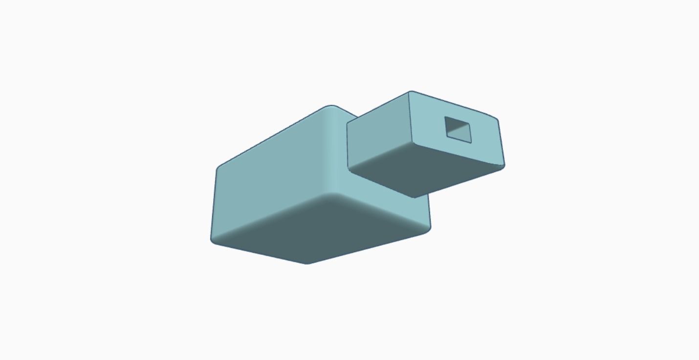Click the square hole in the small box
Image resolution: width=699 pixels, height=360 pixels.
click(458, 130)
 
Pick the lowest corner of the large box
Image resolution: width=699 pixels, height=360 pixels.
click(307, 263)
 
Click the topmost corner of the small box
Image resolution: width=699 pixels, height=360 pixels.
click(411, 92)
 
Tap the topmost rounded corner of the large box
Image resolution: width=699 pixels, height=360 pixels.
click(331, 107)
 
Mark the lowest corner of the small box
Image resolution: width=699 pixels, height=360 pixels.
click(415, 197)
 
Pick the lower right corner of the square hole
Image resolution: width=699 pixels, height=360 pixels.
click(470, 142)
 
